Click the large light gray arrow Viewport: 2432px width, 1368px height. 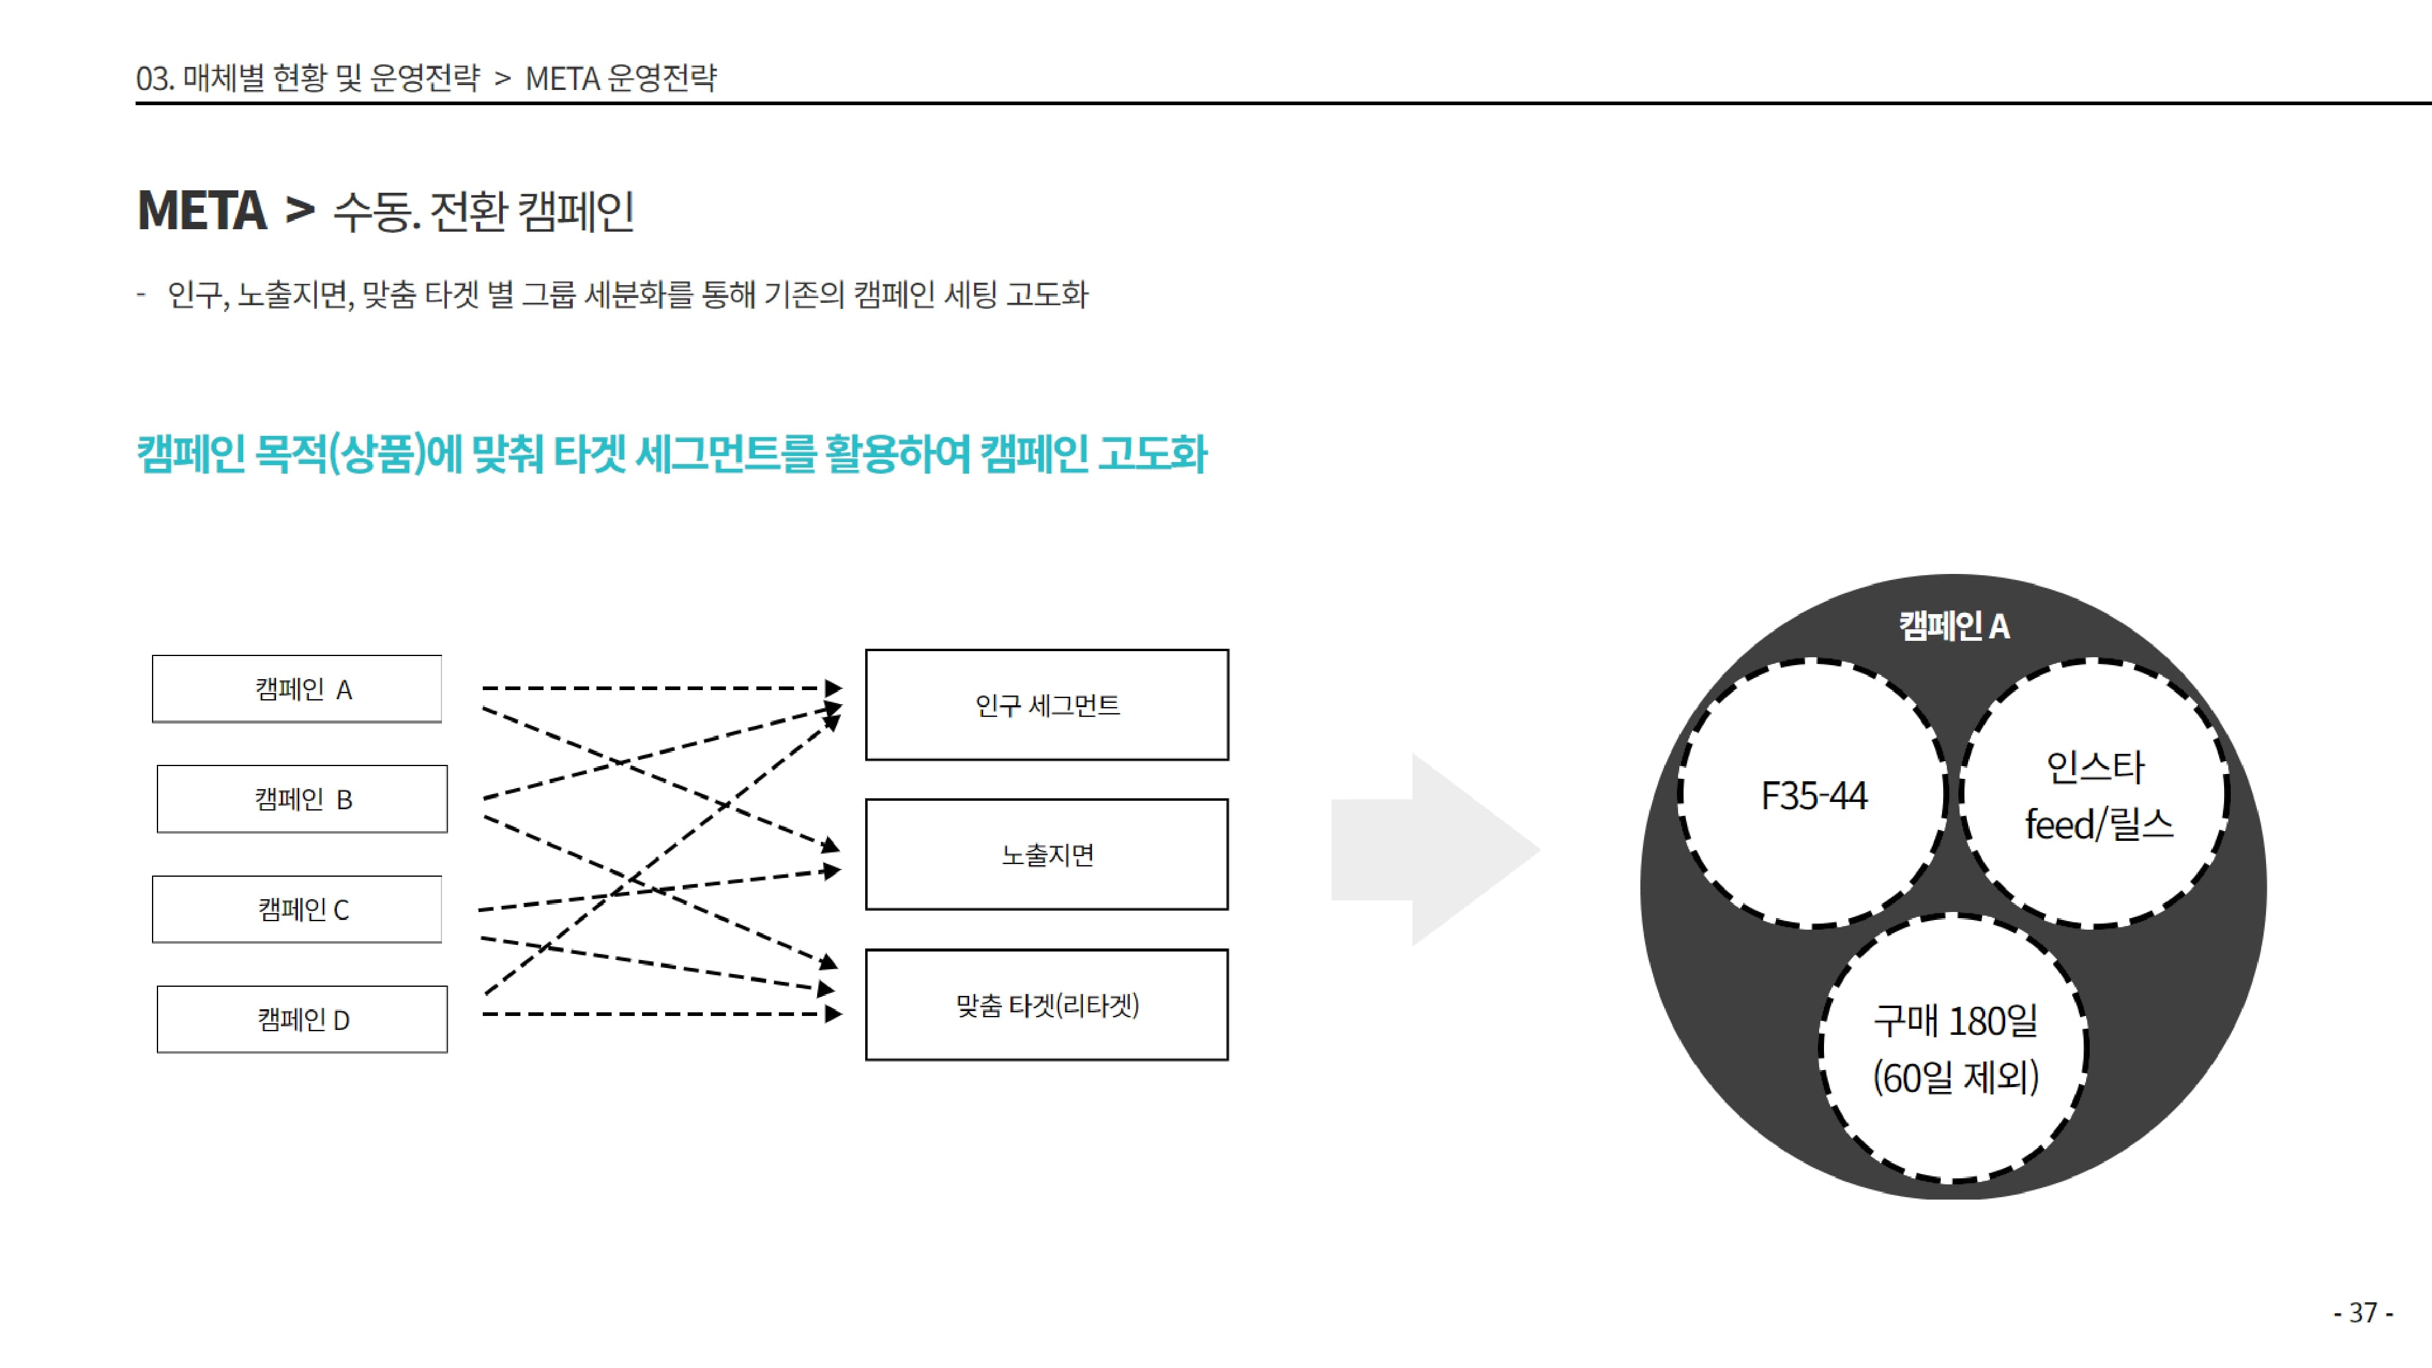click(x=1435, y=850)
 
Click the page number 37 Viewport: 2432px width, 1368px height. click(x=2363, y=1312)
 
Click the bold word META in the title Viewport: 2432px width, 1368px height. click(x=202, y=210)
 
